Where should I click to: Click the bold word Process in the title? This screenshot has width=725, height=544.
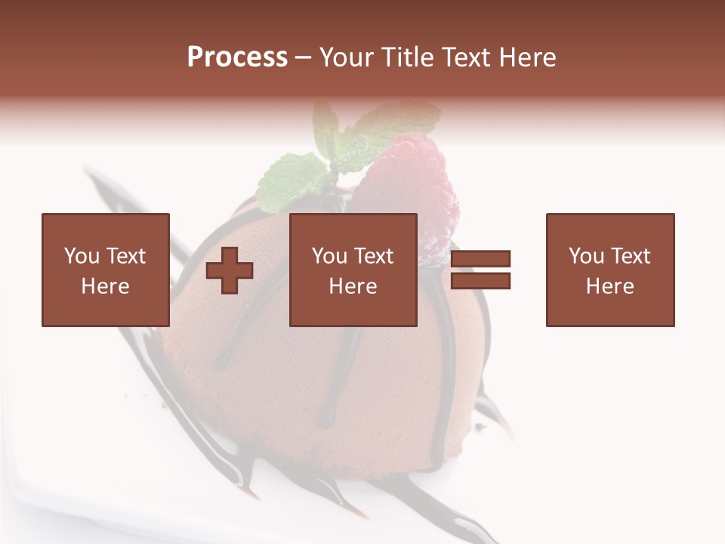coord(237,57)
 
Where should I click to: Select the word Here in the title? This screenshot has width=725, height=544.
coord(526,57)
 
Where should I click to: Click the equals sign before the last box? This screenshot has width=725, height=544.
coord(480,270)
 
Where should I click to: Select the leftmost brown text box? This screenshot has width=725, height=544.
coord(105,270)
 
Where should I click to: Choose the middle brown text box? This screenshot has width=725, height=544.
coord(353,270)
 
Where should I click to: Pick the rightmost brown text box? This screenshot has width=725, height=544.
coord(609,270)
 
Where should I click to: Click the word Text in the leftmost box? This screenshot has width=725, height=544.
coord(125,256)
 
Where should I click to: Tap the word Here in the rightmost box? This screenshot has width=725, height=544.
coord(609,286)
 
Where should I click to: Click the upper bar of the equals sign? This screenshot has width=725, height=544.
coord(480,259)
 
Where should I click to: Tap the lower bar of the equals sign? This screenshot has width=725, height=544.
coord(480,280)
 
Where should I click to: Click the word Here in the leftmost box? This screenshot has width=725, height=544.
coord(105,286)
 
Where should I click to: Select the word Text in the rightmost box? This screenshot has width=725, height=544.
coord(629,256)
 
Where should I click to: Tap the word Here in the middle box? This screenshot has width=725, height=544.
coord(353,286)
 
